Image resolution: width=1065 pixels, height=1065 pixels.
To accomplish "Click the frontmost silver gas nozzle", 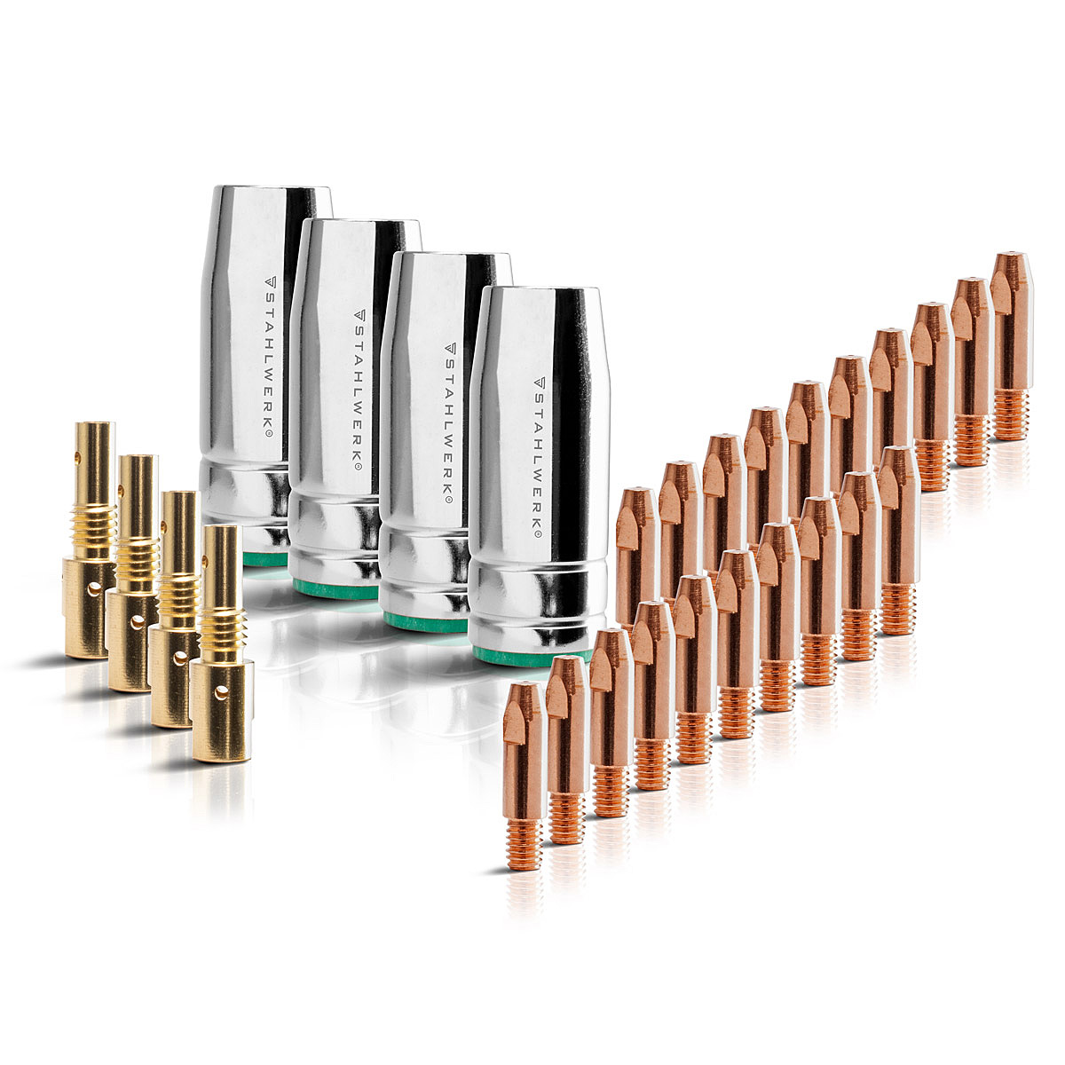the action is point(540,476).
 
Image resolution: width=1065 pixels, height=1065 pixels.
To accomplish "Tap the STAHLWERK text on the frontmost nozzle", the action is point(539,458).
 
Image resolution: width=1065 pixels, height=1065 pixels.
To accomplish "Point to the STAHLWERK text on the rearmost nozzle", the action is point(269,357).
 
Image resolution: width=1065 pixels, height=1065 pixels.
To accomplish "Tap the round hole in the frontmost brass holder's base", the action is point(221,692).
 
